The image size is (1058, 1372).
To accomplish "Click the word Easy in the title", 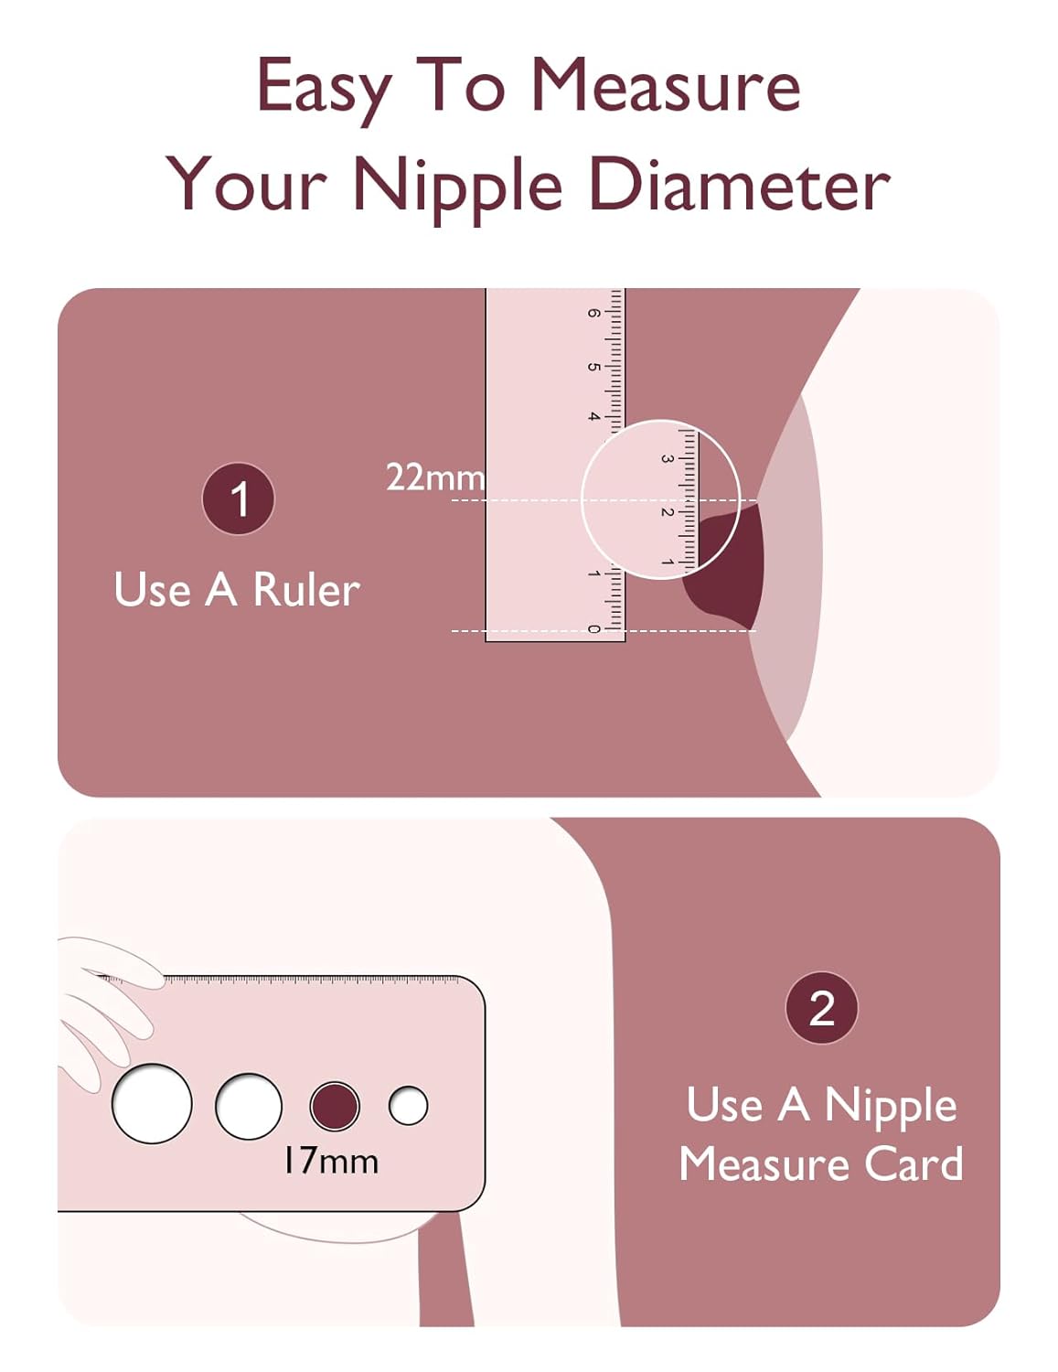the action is tap(324, 89).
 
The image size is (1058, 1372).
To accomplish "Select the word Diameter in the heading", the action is tap(739, 185).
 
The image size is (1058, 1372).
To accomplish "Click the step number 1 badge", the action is tap(238, 498).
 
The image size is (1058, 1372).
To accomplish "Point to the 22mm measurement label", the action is tap(435, 477).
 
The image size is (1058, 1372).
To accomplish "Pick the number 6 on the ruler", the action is tap(593, 313).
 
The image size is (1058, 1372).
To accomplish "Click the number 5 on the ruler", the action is tap(593, 366).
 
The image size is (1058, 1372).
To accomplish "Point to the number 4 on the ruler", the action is tap(593, 417).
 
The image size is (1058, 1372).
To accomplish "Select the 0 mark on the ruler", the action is tap(593, 629).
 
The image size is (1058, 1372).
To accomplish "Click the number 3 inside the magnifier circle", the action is tap(667, 459).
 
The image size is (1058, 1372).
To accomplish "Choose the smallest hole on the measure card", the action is tap(408, 1106).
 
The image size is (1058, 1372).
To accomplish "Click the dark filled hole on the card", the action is tap(335, 1106).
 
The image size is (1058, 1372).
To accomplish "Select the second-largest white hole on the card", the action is tap(248, 1106).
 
